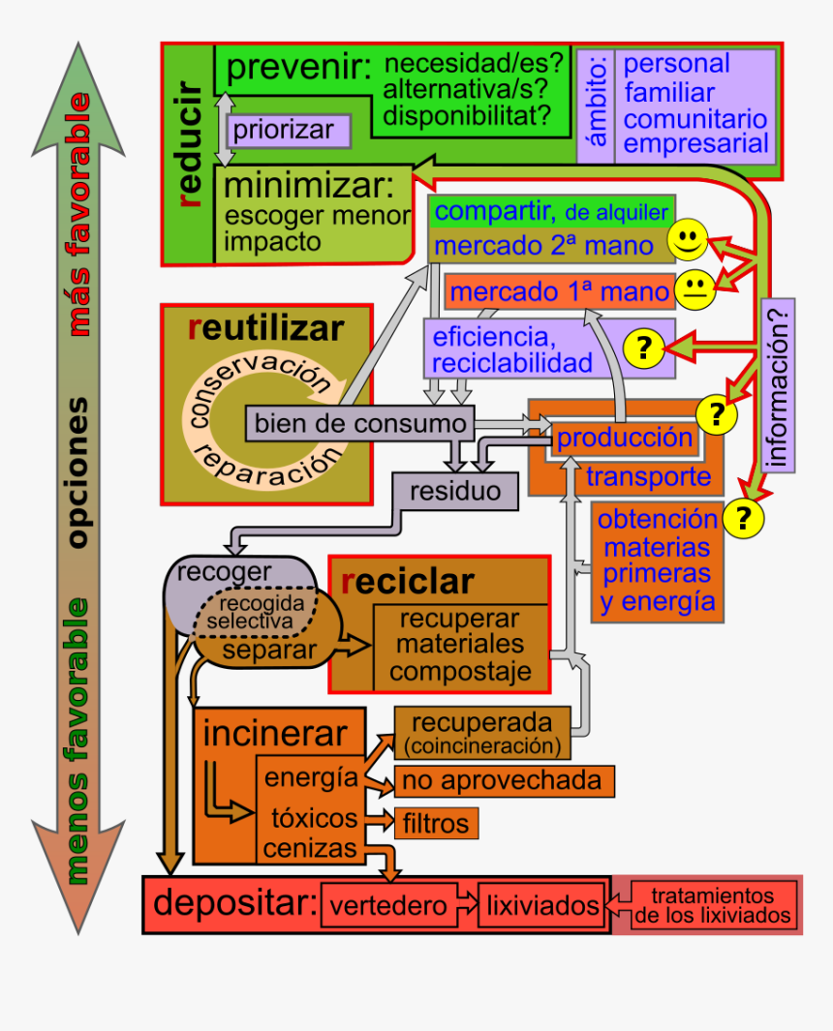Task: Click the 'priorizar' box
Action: pyautogui.click(x=283, y=130)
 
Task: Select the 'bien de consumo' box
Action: pyautogui.click(x=360, y=423)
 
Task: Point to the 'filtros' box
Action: pyautogui.click(x=436, y=823)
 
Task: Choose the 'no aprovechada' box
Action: pyautogui.click(x=504, y=780)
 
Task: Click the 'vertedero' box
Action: pyautogui.click(x=388, y=906)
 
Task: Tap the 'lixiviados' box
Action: pyautogui.click(x=542, y=906)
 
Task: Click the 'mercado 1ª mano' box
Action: pyautogui.click(x=560, y=291)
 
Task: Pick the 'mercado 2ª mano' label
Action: pyautogui.click(x=543, y=245)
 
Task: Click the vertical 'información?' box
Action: pyautogui.click(x=779, y=385)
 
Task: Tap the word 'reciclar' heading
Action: pyautogui.click(x=407, y=582)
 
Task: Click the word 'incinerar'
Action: pyautogui.click(x=274, y=734)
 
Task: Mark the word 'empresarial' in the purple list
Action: pyautogui.click(x=697, y=145)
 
